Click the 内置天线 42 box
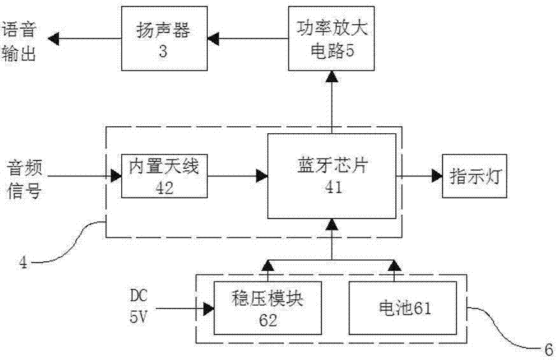tap(164, 175)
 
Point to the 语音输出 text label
tap(18, 40)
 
